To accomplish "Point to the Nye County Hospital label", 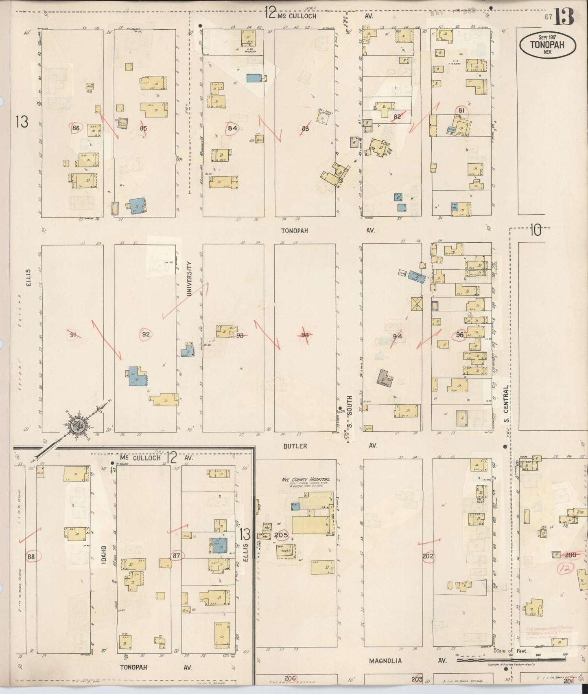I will tap(306, 480).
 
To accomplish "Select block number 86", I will tap(75, 128).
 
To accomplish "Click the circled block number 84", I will tap(232, 128).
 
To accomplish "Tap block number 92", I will tap(146, 334).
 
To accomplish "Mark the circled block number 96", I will tap(460, 335).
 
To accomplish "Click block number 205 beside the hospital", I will tap(281, 535).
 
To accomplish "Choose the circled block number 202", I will tap(428, 556).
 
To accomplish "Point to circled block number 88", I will tap(31, 557).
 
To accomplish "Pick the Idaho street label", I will tap(104, 556).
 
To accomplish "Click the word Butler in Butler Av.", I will tap(295, 446).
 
